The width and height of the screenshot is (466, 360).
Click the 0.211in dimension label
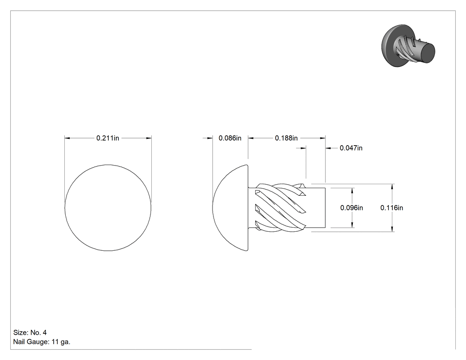point(107,138)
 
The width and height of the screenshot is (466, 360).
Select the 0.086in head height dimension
point(230,138)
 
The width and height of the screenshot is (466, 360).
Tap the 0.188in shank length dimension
point(286,138)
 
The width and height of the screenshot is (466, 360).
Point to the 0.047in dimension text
point(351,148)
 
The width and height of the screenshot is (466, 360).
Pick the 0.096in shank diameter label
point(351,207)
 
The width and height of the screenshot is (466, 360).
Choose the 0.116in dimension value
point(392,207)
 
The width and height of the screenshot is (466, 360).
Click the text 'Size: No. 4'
point(30,332)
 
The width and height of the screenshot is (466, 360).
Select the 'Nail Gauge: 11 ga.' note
point(42,342)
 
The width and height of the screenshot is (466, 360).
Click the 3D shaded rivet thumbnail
point(408,45)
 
